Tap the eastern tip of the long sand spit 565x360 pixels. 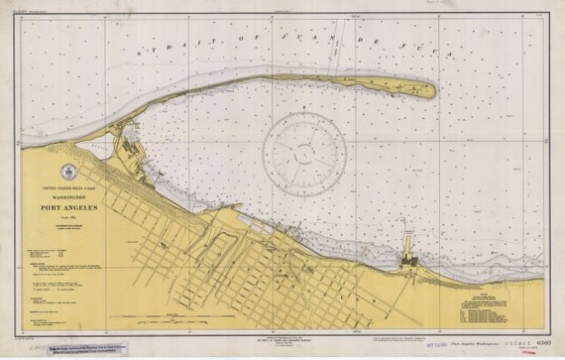pyautogui.click(x=433, y=90)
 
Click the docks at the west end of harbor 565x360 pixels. pyautogui.click(x=134, y=149)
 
